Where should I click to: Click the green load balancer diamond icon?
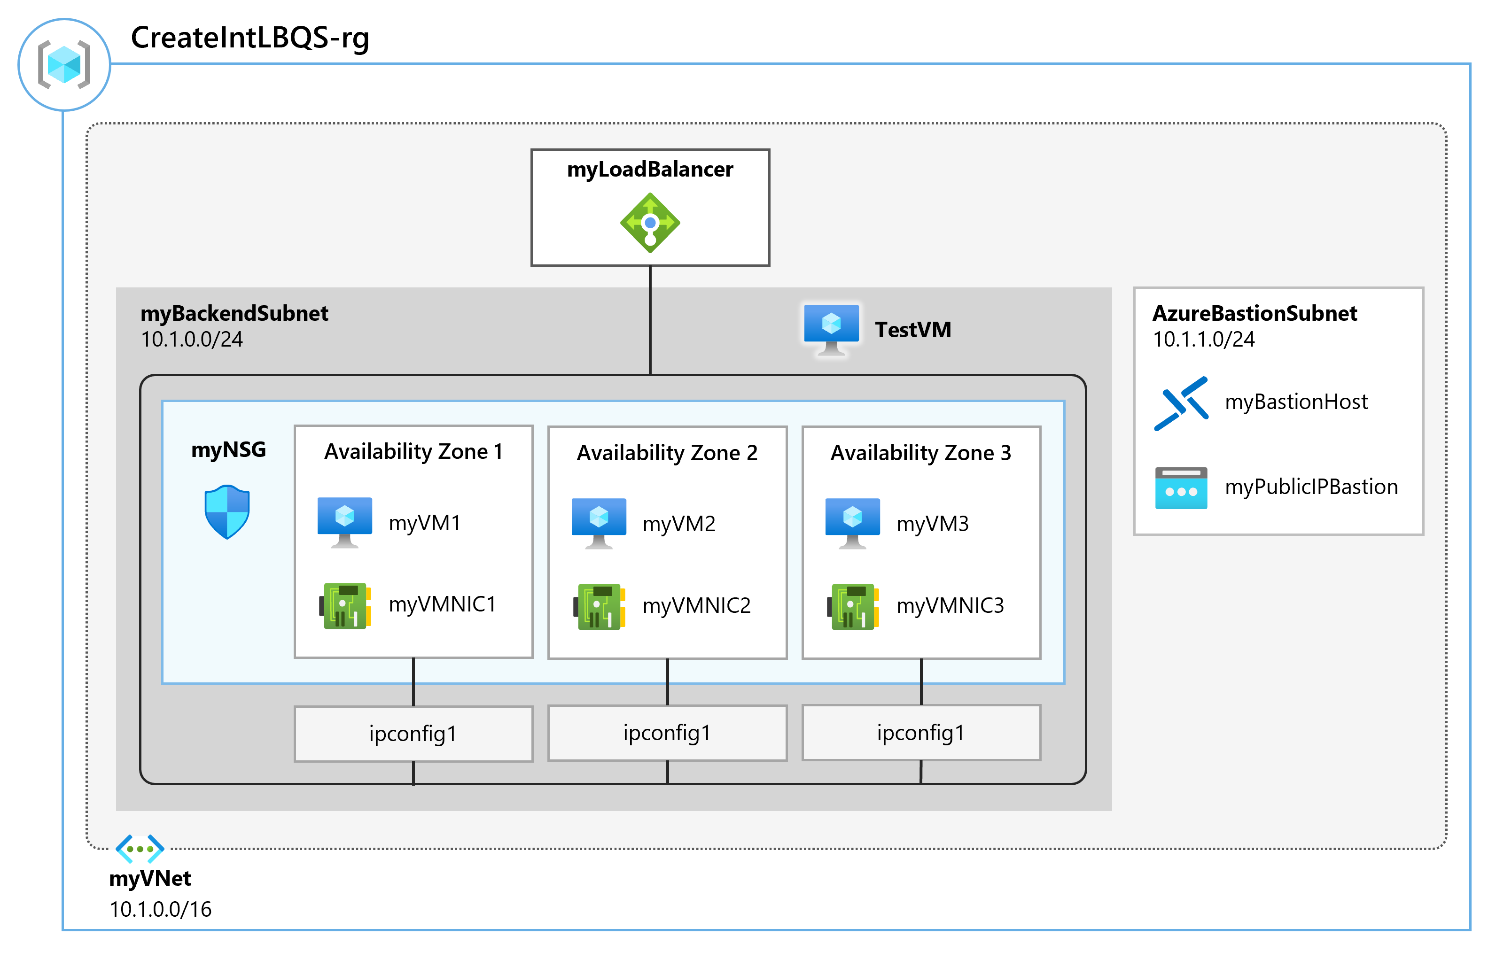click(650, 222)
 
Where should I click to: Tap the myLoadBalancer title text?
click(650, 170)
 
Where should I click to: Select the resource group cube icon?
click(64, 64)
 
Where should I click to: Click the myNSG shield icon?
click(227, 511)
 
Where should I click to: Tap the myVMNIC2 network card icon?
click(599, 606)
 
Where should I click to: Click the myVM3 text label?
click(932, 524)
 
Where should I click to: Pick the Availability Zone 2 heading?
click(667, 453)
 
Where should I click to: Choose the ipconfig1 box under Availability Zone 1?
click(413, 734)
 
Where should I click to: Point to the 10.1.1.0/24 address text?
click(1203, 340)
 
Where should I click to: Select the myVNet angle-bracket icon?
click(140, 849)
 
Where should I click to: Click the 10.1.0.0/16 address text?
click(160, 909)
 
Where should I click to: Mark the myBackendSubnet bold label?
click(234, 313)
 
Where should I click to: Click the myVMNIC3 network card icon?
click(853, 606)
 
